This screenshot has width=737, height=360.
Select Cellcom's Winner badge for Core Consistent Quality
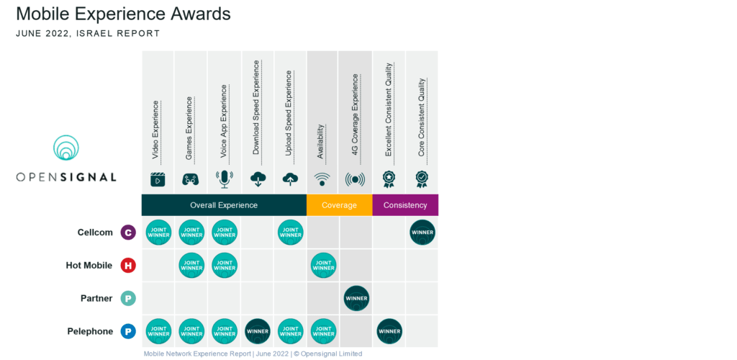[422, 233]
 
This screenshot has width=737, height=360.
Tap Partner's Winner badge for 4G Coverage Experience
[356, 298]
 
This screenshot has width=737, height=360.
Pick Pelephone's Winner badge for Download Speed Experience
[258, 331]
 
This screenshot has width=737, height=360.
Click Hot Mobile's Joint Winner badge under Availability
[323, 266]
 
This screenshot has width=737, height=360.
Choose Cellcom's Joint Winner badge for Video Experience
[158, 233]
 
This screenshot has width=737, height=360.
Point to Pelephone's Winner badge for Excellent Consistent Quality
[389, 331]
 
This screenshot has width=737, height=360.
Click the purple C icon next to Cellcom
[127, 233]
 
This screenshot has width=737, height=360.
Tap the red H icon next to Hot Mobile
[127, 266]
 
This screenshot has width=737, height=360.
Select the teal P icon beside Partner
[127, 298]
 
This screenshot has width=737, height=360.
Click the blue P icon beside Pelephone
[127, 331]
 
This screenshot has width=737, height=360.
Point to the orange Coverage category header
[339, 205]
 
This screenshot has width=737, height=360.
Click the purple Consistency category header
[405, 205]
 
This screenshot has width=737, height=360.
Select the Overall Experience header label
[224, 205]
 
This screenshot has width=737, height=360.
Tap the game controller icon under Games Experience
[191, 179]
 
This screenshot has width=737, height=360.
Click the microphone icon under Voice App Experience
[224, 179]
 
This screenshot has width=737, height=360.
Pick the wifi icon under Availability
[322, 179]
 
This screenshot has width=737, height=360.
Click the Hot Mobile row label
[89, 266]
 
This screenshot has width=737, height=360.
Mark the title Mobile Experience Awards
[123, 14]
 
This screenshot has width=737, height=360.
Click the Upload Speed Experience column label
[289, 113]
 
